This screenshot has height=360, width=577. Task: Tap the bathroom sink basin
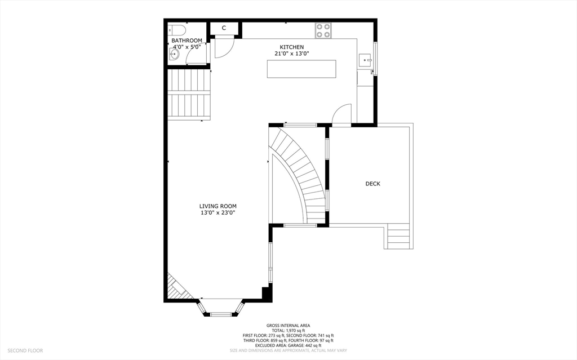pos(174,55)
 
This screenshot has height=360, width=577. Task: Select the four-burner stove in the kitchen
pos(323,30)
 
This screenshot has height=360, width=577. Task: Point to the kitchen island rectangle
pos(302,69)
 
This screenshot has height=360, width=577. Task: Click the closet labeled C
pos(224,28)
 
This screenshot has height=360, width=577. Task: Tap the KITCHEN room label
pos(292,47)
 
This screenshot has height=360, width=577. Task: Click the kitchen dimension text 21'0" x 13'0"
pos(292,54)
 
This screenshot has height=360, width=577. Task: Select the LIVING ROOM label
pos(218,207)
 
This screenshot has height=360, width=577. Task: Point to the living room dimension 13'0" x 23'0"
pos(218,213)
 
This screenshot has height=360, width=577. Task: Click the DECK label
pos(373,184)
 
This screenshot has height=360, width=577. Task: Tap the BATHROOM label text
pos(187,41)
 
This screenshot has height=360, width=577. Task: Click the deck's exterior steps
pos(398,237)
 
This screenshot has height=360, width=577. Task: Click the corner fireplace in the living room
pos(177,287)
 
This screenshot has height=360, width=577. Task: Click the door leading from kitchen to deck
pos(341,115)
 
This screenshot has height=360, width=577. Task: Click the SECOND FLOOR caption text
pos(25,350)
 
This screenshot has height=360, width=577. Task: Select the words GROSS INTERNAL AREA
pos(288,326)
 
